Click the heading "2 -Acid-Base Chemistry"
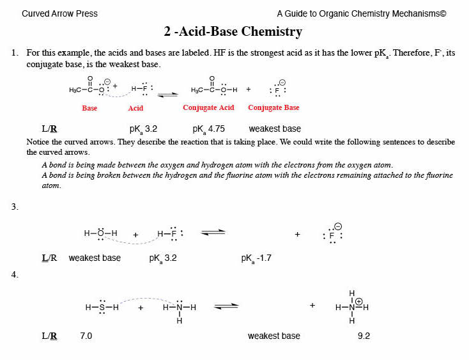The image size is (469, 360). click(233, 31)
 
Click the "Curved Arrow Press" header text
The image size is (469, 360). click(59, 13)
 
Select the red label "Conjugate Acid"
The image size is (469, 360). click(208, 107)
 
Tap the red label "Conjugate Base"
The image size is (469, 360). click(273, 107)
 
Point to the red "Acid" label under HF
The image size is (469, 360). click(135, 109)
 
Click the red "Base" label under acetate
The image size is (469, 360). click(89, 109)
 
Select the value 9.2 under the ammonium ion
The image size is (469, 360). click(364, 336)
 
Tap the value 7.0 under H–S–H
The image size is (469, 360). click(86, 336)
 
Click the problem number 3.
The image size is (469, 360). click(15, 207)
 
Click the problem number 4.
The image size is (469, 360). click(15, 274)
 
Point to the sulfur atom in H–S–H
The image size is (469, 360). click(101, 308)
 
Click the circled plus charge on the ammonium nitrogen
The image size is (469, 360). click(359, 301)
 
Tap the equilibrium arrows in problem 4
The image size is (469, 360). click(226, 307)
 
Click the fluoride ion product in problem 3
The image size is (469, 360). click(332, 235)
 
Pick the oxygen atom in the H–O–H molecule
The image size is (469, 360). click(101, 234)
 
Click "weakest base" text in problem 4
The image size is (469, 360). click(273, 336)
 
